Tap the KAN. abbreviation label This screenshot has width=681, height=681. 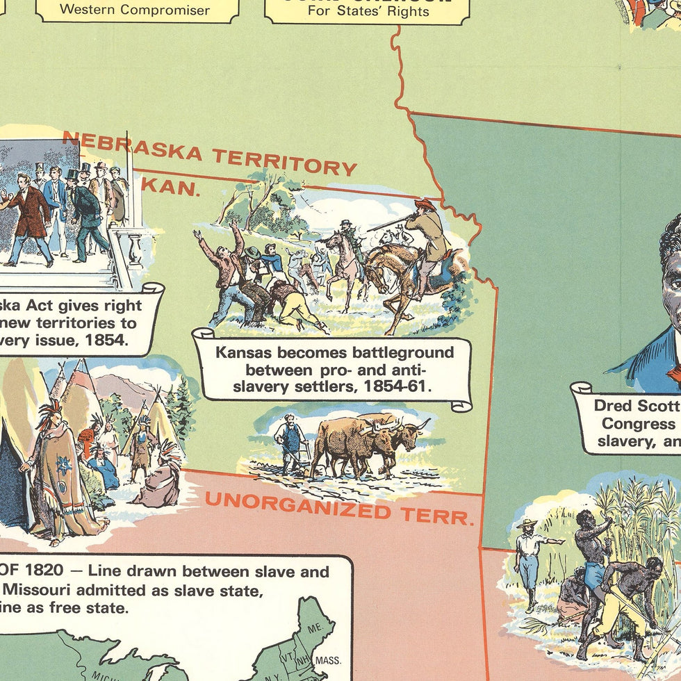[174, 187]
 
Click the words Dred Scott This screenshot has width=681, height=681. [637, 405]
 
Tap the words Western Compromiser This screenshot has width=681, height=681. [135, 10]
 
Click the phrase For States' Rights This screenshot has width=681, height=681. [366, 12]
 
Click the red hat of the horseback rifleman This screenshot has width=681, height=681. [425, 204]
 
